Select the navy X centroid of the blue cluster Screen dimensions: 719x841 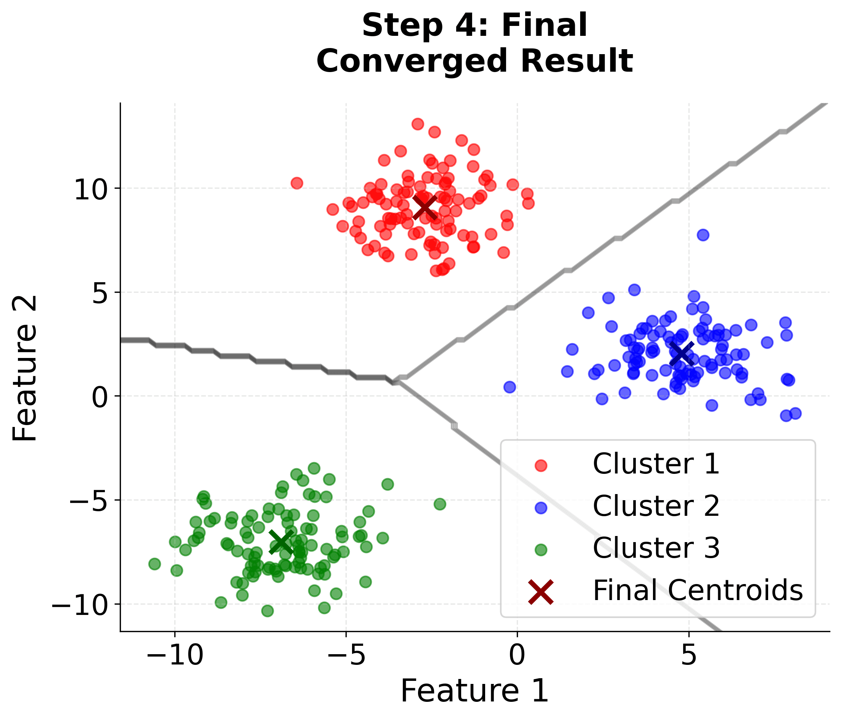coord(682,353)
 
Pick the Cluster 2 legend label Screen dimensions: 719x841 coord(656,506)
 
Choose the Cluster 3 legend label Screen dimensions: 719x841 coord(656,548)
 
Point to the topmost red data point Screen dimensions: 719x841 coord(418,124)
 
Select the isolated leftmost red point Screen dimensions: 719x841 coord(297,183)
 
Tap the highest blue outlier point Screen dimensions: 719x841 coord(703,235)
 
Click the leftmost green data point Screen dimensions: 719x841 coord(154,563)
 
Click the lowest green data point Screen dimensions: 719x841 coord(267,611)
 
